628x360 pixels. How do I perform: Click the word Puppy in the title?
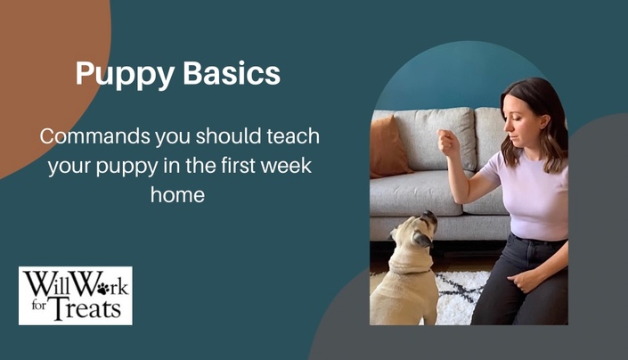pos(125,75)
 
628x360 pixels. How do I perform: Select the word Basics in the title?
pos(232,73)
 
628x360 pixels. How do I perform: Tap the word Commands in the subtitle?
pos(95,136)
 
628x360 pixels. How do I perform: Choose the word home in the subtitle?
pos(178,194)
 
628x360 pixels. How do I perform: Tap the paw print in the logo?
pos(103,288)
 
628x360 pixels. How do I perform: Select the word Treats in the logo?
pos(86,308)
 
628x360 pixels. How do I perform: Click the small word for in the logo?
pos(39,307)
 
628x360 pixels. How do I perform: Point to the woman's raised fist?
pos(448,143)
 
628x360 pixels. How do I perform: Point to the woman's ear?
pos(544,121)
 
